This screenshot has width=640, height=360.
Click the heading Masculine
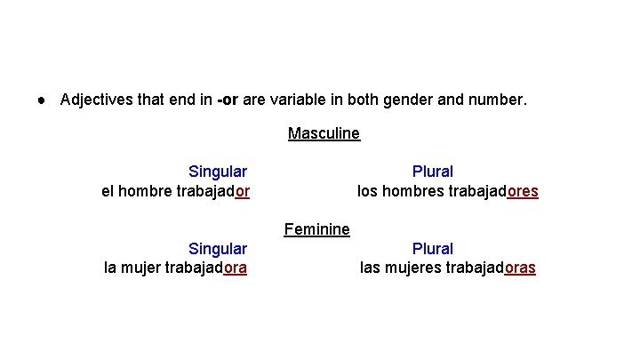click(x=324, y=134)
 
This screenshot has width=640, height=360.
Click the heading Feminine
click(x=317, y=230)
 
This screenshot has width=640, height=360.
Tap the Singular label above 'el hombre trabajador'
click(x=218, y=172)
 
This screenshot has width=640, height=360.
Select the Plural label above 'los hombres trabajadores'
click(x=433, y=172)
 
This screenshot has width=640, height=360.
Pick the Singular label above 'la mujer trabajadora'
click(x=218, y=249)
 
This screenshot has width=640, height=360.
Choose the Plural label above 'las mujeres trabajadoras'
click(x=433, y=249)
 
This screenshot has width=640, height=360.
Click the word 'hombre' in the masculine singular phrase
click(x=145, y=191)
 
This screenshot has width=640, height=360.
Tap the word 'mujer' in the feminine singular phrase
click(x=143, y=268)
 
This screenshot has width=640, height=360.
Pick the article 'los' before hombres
click(x=367, y=191)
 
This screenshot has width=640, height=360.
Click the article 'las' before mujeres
click(x=372, y=268)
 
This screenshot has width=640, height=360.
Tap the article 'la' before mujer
click(x=111, y=268)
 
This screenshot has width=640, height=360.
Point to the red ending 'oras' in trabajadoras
click(x=520, y=268)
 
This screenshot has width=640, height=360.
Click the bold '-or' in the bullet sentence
click(x=227, y=100)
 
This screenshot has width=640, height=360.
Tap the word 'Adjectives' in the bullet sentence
click(x=97, y=100)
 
